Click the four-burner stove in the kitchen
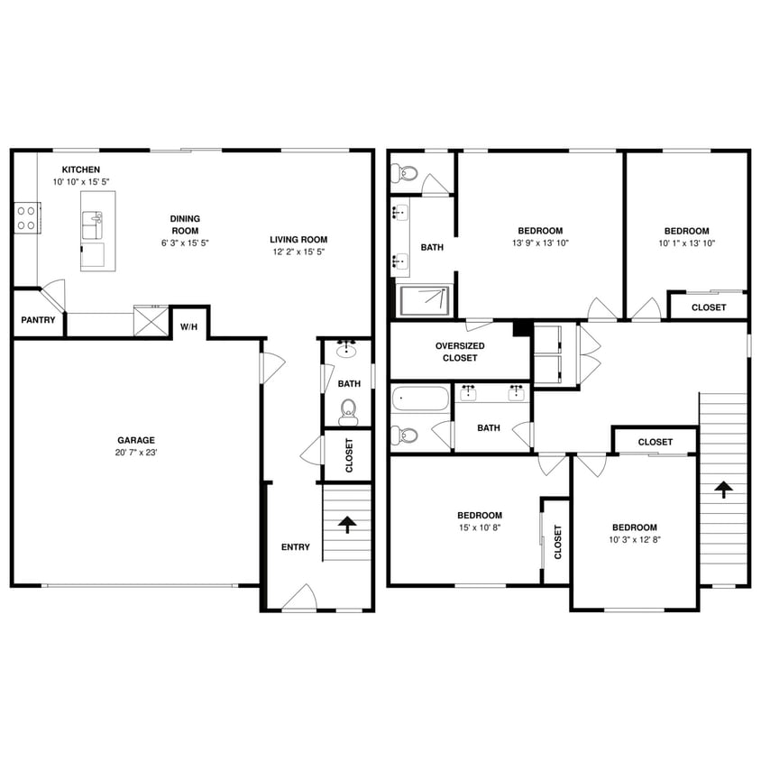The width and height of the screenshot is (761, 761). coord(25,217)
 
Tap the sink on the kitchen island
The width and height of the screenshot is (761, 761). coord(92,222)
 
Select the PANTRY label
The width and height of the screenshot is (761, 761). coord(38,320)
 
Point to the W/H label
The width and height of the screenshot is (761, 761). coord(188,326)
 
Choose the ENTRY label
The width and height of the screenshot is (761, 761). coord(295,547)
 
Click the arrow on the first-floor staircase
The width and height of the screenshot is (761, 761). coord(346,524)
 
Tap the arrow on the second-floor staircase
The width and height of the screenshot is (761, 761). coord(722,490)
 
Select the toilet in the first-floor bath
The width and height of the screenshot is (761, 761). coord(348,414)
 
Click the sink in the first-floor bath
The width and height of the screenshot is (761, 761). coord(348,350)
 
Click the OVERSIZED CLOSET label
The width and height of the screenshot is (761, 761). coord(460,352)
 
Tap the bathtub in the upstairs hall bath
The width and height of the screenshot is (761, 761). coord(420,398)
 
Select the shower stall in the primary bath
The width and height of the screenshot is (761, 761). coord(424,300)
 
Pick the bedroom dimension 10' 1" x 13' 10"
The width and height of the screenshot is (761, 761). coord(687,243)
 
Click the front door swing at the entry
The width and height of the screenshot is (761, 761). coord(298,598)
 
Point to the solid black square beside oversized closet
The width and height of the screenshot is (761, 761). coord(521,328)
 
